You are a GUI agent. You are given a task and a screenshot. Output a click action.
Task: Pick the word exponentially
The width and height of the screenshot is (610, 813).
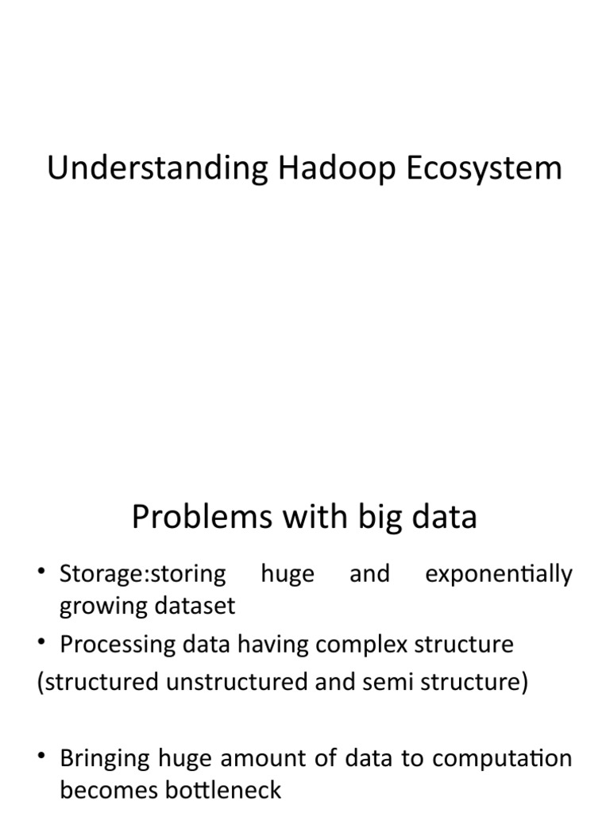click(499, 574)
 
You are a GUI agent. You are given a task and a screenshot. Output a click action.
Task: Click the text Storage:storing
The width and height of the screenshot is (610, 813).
click(142, 574)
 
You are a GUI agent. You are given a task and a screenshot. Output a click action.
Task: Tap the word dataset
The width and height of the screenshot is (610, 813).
click(199, 607)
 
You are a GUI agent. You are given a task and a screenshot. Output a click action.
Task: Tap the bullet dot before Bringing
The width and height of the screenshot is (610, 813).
click(44, 758)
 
